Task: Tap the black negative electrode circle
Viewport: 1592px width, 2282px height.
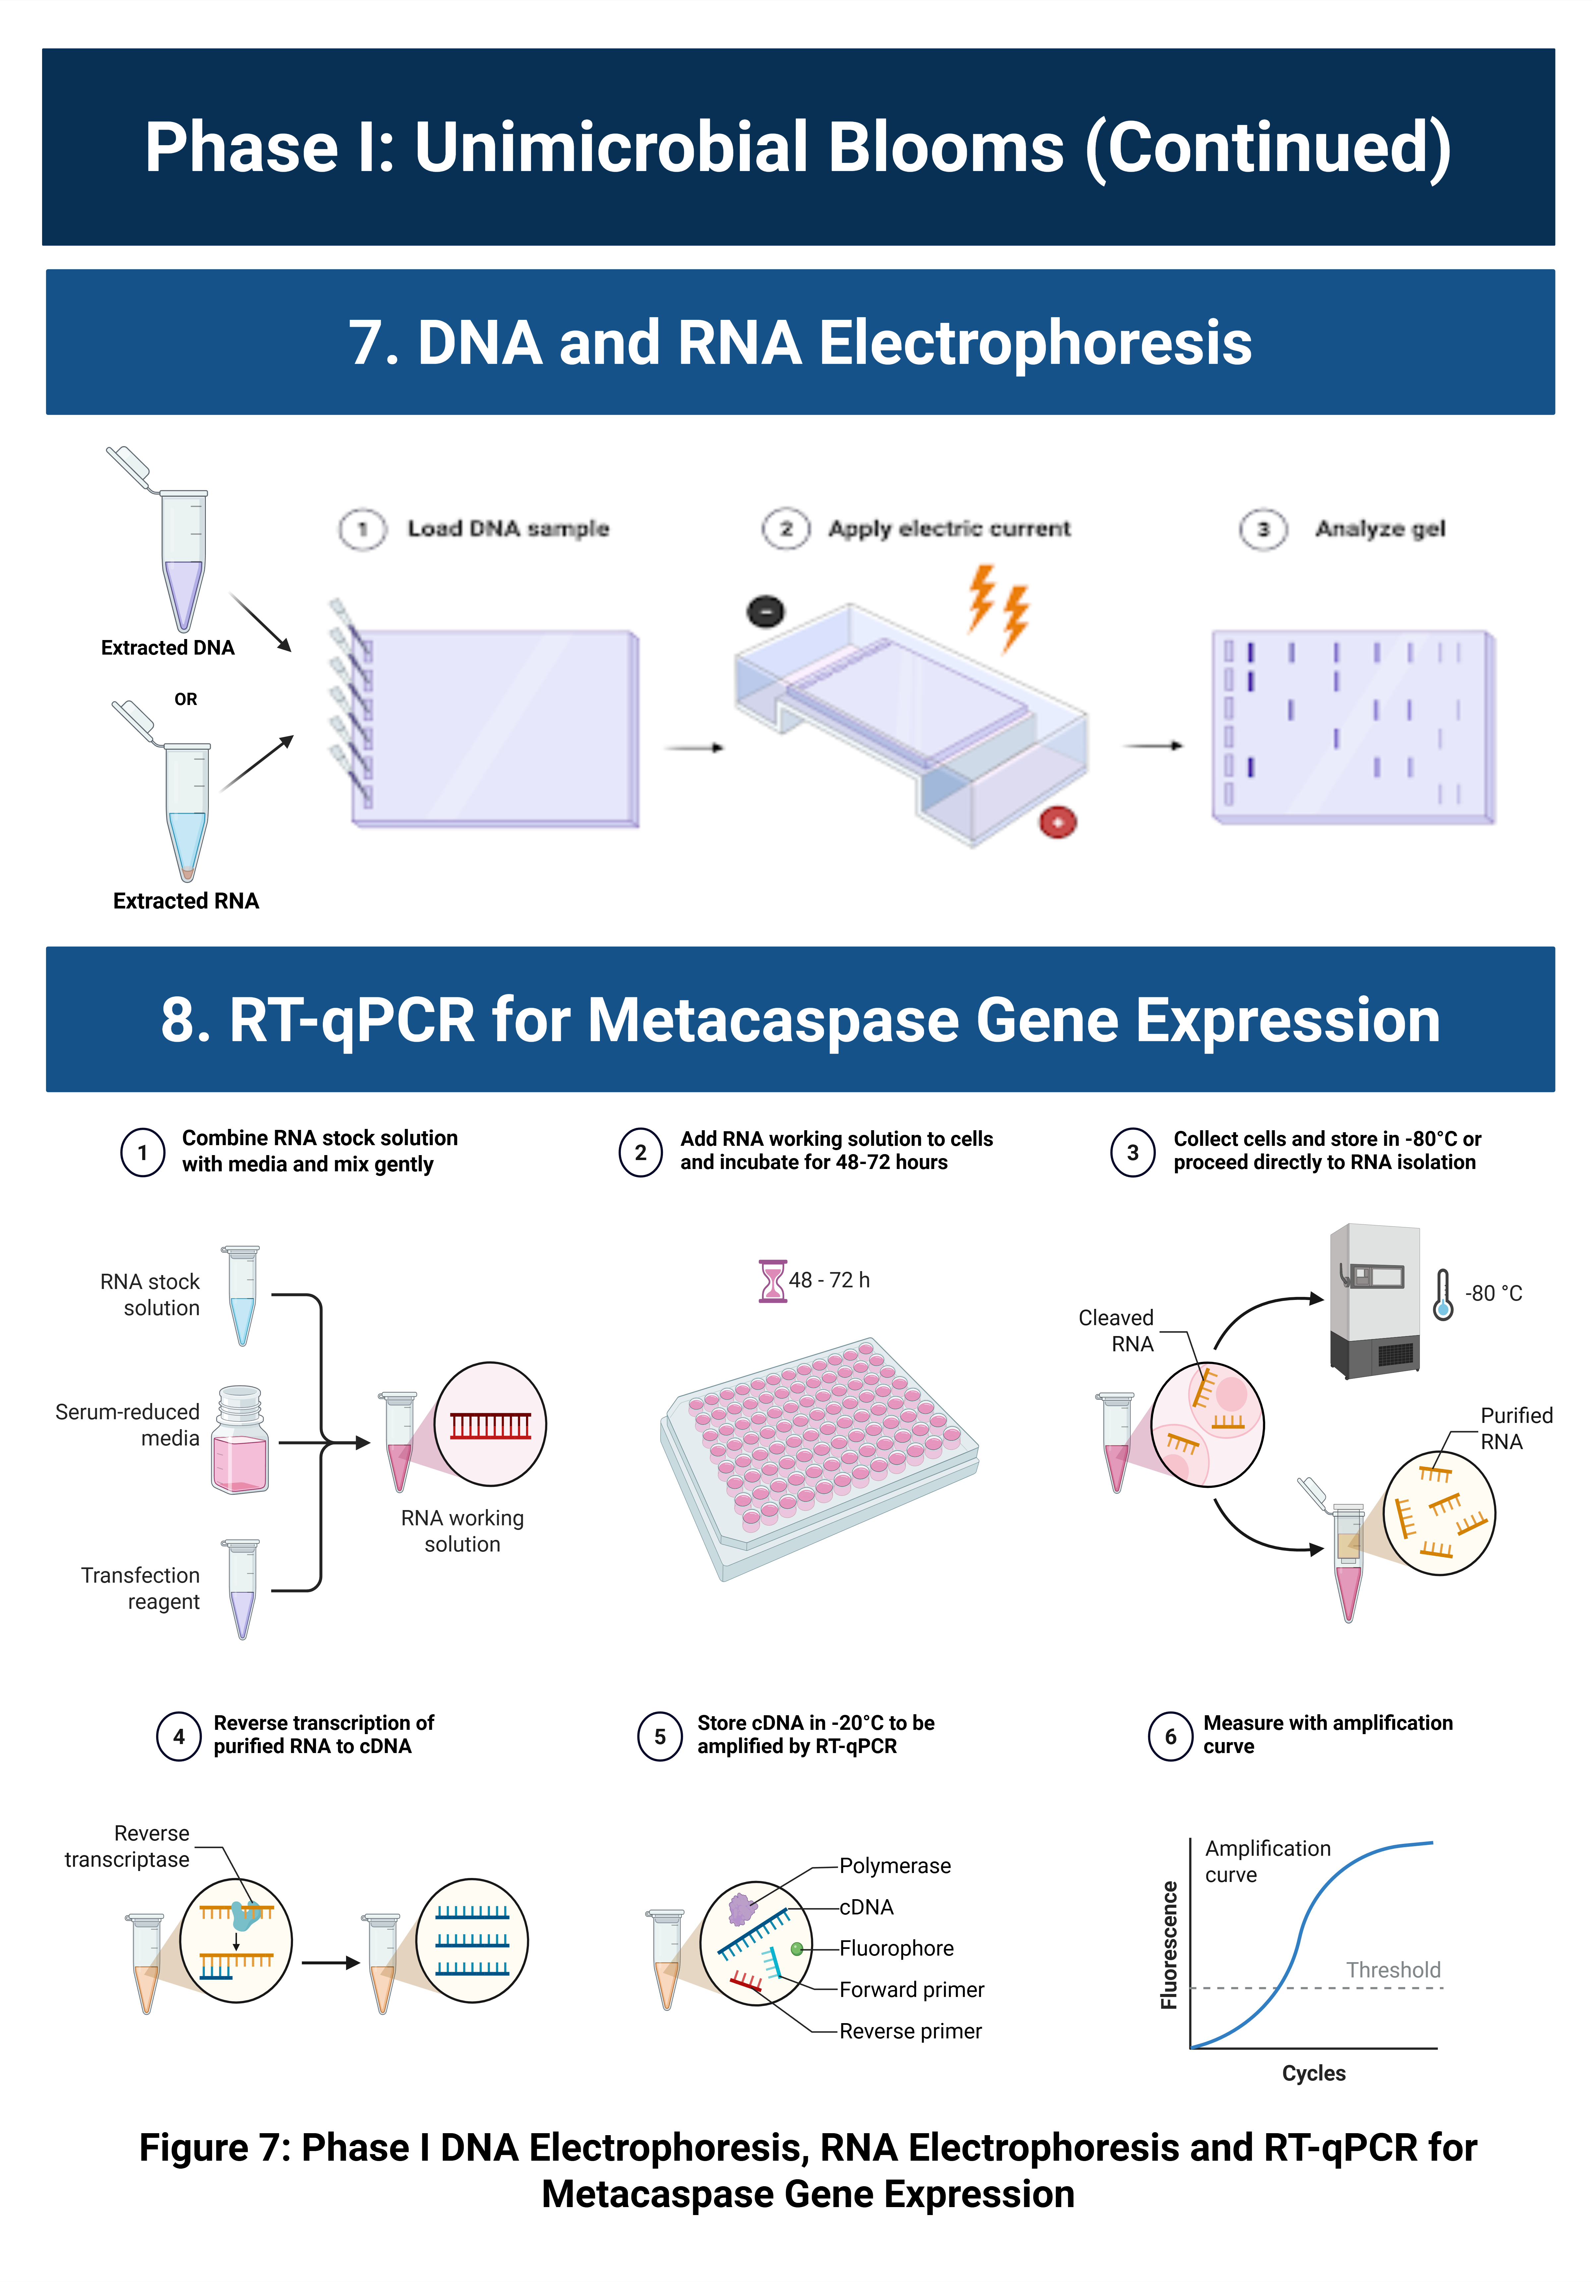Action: click(x=765, y=611)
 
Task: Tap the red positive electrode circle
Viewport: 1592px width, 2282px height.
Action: click(x=1057, y=822)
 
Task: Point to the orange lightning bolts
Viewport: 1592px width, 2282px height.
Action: click(x=999, y=606)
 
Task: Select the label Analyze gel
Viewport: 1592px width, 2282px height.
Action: click(x=1379, y=529)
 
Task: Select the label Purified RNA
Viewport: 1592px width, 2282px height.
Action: click(x=1515, y=1428)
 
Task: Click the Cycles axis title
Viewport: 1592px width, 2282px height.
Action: click(x=1314, y=2073)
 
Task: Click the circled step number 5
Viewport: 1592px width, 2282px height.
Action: click(x=660, y=1736)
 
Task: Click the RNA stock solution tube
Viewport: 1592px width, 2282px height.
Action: click(x=242, y=1295)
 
